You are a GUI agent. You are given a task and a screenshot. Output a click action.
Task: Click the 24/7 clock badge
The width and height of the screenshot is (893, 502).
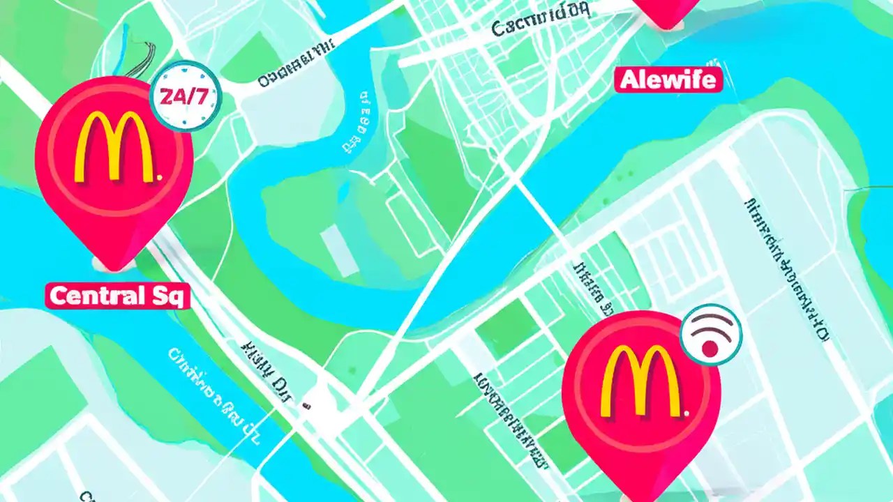(186, 96)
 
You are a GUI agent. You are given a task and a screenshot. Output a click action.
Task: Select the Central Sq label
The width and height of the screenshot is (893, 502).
(118, 296)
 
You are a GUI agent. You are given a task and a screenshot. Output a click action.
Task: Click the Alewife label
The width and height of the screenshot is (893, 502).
(668, 80)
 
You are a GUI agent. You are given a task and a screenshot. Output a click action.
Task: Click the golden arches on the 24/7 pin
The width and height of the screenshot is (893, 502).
(113, 148)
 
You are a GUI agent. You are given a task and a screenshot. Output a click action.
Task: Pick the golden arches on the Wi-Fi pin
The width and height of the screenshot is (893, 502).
(640, 381)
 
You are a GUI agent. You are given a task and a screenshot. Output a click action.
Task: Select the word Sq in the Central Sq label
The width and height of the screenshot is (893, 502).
(170, 296)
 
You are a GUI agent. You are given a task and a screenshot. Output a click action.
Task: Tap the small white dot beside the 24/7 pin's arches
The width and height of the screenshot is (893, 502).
(160, 178)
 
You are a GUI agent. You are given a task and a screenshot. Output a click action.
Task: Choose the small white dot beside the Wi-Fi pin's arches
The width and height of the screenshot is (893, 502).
(687, 413)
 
